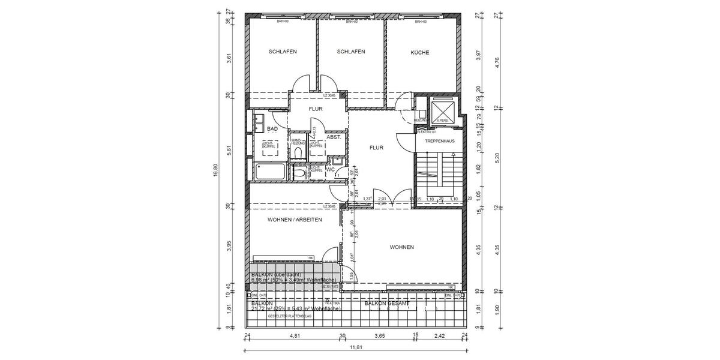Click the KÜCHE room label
(x=419, y=53)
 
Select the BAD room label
(x=272, y=129)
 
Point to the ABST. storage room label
(x=334, y=137)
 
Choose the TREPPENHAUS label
(x=439, y=141)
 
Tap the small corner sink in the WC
(x=338, y=160)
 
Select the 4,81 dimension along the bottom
(x=295, y=337)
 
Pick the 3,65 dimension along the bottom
(x=379, y=337)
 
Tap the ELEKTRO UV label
(x=425, y=131)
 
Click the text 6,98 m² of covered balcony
(x=259, y=280)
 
